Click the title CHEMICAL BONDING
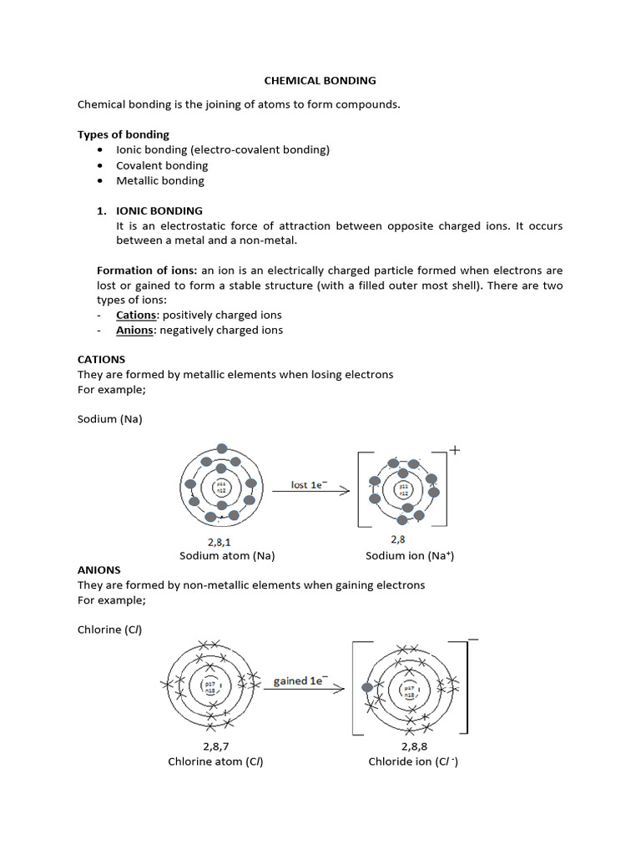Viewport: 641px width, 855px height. point(320,81)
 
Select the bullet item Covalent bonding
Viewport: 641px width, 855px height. point(162,165)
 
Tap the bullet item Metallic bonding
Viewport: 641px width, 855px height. point(159,180)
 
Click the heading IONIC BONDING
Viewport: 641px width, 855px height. point(159,210)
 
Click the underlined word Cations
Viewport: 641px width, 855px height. point(136,315)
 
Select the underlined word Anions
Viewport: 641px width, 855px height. point(134,330)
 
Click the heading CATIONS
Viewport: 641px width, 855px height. point(101,360)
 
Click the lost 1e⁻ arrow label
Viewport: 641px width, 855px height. point(307,484)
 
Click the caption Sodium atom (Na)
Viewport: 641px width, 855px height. point(227,555)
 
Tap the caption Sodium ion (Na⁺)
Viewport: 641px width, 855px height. point(410,555)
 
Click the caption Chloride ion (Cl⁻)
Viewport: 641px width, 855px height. point(413,761)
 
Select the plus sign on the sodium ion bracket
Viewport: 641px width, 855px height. point(455,449)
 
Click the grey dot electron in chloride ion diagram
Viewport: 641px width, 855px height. point(366,688)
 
